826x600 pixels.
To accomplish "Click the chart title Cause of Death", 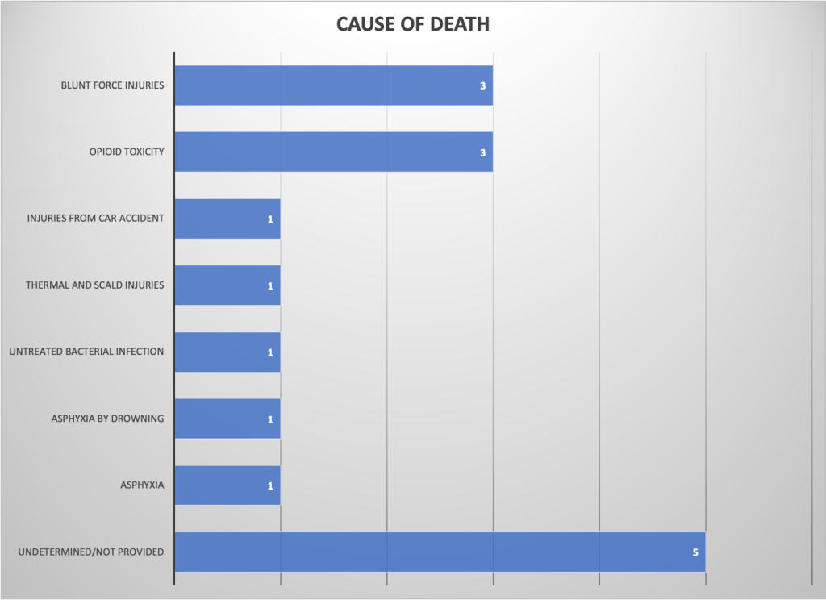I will click(x=412, y=24).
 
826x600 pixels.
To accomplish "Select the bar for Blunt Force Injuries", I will click(x=333, y=85).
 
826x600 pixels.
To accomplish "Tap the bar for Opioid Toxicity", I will click(x=333, y=152).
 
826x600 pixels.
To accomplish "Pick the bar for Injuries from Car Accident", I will click(x=227, y=219).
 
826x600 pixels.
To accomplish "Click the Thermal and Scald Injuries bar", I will click(x=227, y=285).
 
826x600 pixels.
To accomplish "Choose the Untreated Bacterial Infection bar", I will click(x=227, y=352).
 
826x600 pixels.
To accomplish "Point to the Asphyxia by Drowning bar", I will click(x=227, y=419).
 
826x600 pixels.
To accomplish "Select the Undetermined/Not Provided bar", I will click(x=440, y=552).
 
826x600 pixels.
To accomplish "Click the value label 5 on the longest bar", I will click(x=695, y=553).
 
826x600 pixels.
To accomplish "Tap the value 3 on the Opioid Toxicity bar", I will click(x=482, y=152).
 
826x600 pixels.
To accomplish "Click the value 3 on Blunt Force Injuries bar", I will click(x=482, y=85).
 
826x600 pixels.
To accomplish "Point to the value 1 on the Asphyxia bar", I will click(x=270, y=486).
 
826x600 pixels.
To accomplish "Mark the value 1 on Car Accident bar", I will click(x=270, y=219).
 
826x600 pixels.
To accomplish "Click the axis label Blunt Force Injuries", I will click(x=112, y=85).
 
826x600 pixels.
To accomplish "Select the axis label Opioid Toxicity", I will click(x=127, y=152).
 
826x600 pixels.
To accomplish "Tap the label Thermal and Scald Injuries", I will click(x=94, y=285).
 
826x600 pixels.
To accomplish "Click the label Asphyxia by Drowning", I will click(x=106, y=419).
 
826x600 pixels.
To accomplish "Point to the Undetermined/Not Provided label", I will click(x=90, y=552).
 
